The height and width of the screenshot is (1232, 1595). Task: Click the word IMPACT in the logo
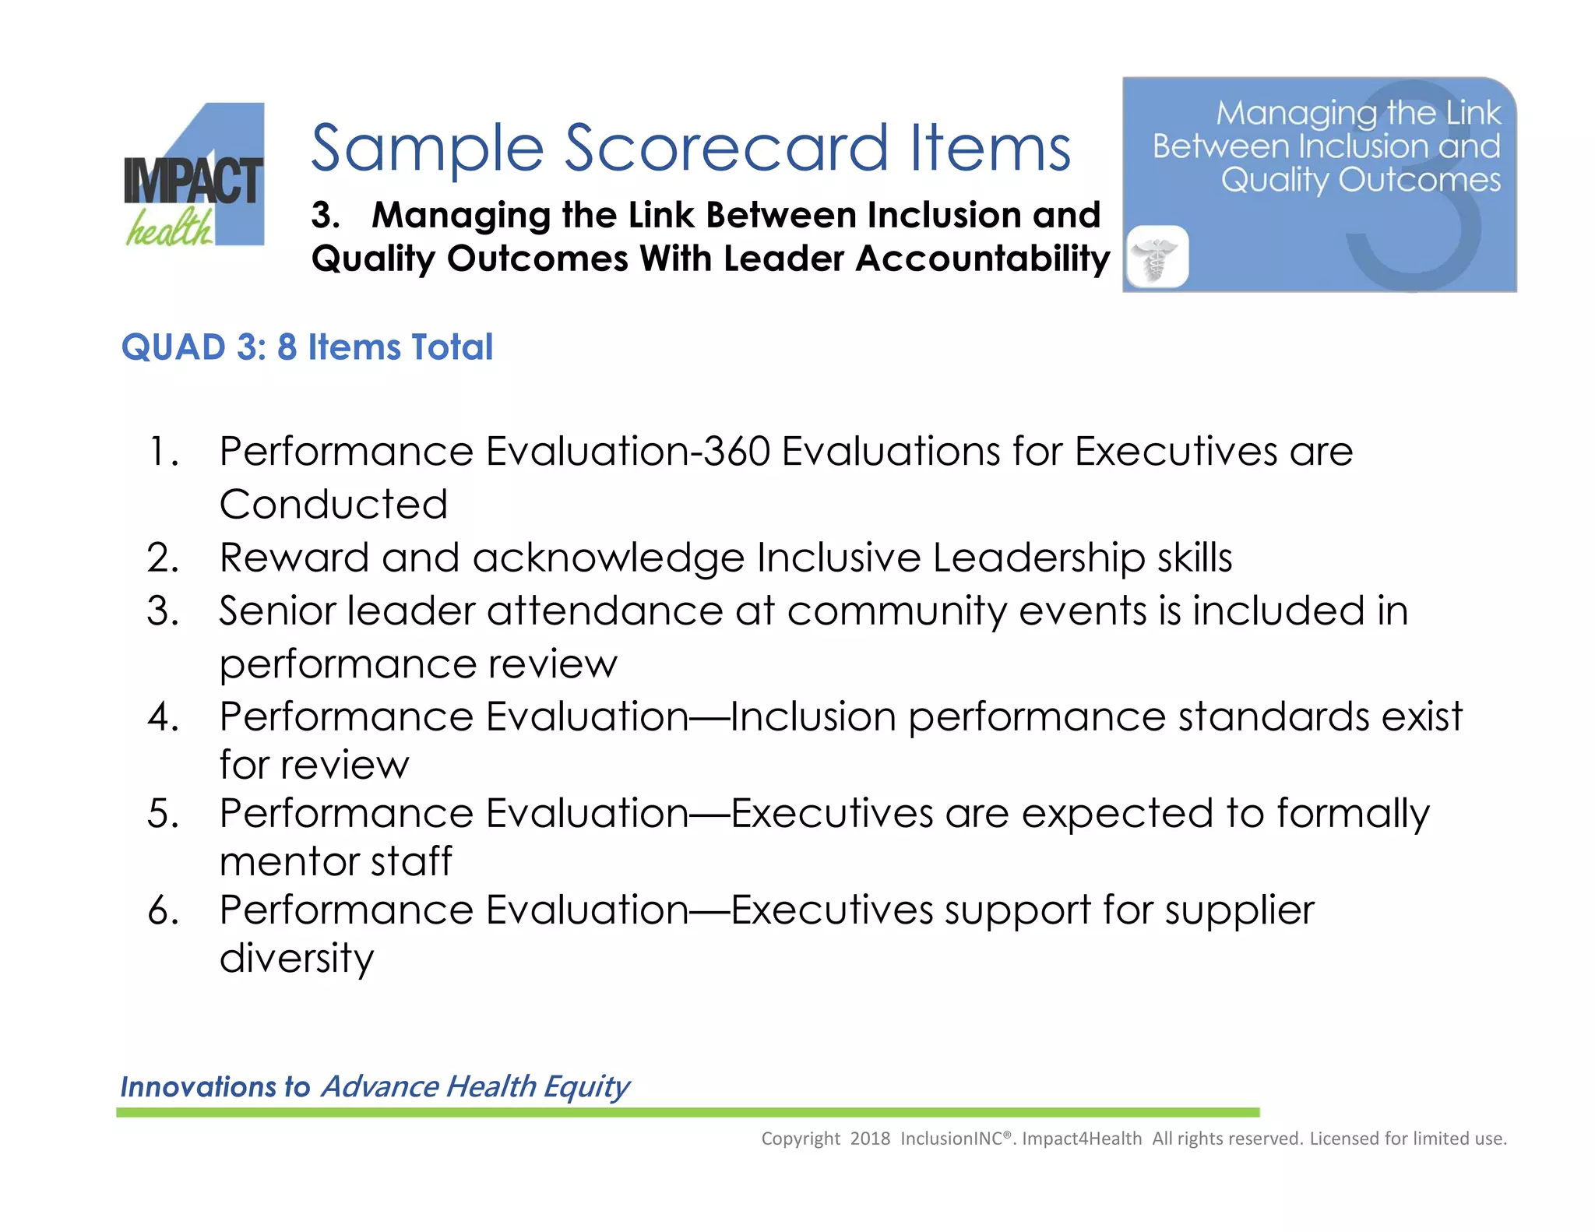pyautogui.click(x=193, y=181)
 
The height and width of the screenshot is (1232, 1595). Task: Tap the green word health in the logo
pyautogui.click(x=169, y=228)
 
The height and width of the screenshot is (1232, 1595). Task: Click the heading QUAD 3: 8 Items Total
pyautogui.click(x=307, y=347)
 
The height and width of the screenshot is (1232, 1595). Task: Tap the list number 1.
pyautogui.click(x=162, y=452)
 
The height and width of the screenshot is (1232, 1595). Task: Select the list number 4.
pyautogui.click(x=163, y=716)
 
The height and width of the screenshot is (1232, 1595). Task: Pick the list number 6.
pyautogui.click(x=163, y=910)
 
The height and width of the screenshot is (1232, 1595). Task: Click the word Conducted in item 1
pyautogui.click(x=333, y=504)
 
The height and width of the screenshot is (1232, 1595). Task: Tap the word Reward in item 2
pyautogui.click(x=294, y=558)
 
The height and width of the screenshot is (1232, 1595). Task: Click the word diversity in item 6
pyautogui.click(x=296, y=958)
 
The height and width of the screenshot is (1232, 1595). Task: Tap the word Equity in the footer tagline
pyautogui.click(x=586, y=1087)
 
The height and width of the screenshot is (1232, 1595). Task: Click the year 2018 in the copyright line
pyautogui.click(x=870, y=1139)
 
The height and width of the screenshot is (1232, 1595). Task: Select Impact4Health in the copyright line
pyautogui.click(x=1082, y=1139)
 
